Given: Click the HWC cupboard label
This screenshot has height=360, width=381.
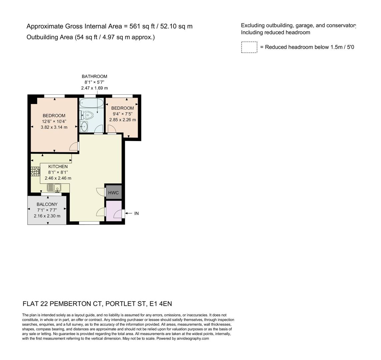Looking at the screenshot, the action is point(113,193).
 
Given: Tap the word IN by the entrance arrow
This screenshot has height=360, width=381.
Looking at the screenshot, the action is point(136,213).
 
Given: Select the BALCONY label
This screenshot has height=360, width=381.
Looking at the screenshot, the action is point(47,204).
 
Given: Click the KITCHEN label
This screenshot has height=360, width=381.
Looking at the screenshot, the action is point(58,166).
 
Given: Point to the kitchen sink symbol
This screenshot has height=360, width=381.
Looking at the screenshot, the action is point(54,188).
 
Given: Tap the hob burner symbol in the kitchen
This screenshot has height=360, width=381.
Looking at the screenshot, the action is point(35,171).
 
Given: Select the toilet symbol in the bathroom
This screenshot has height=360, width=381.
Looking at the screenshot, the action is point(87,115).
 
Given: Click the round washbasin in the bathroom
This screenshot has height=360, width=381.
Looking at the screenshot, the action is point(84,126).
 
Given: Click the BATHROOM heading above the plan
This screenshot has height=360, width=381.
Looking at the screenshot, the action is point(94,76).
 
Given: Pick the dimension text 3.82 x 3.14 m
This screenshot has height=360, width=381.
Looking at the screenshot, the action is point(54,127).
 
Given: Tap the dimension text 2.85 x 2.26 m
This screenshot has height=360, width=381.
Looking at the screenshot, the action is point(122,120).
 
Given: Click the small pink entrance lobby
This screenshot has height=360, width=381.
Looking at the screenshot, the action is point(113,211).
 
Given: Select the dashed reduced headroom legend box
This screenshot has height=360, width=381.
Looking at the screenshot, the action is point(249,47).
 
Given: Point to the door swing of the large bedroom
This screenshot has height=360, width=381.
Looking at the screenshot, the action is point(74,146).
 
